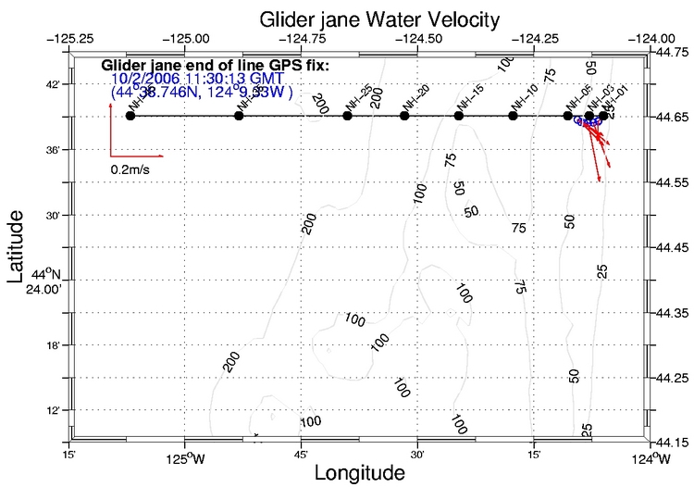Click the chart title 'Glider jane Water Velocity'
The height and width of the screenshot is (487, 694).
pyautogui.click(x=355, y=18)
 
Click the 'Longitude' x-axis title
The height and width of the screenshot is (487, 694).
pyautogui.click(x=359, y=473)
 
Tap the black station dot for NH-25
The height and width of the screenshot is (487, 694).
pyautogui.click(x=347, y=116)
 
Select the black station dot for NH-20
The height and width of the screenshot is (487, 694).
pyautogui.click(x=404, y=116)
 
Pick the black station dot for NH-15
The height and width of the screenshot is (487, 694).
pyautogui.click(x=459, y=116)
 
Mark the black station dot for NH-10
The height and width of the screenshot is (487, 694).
pyautogui.click(x=514, y=116)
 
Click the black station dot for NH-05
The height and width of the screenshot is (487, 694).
pyautogui.click(x=567, y=116)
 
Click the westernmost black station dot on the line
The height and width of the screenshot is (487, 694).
pyautogui.click(x=130, y=116)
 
